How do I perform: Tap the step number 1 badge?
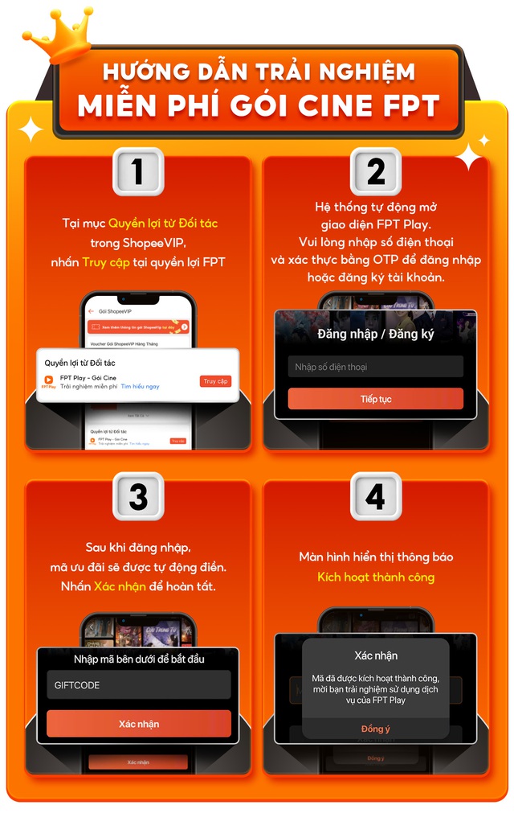tap(137, 171)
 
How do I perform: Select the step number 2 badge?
tap(376, 171)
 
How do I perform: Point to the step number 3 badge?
tap(137, 495)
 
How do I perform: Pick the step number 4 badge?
tap(376, 495)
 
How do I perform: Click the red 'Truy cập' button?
tap(215, 381)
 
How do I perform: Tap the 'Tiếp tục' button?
tap(376, 399)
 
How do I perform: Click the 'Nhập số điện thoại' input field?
tap(376, 367)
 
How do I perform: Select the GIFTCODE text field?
tap(138, 685)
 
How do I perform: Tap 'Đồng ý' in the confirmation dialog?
tap(376, 729)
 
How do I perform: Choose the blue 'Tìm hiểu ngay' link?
tap(140, 387)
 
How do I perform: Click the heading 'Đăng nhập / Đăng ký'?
tap(376, 334)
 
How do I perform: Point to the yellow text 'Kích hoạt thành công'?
tap(376, 577)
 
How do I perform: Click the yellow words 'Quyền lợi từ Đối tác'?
tap(163, 223)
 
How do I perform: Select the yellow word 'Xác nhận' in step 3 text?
tap(120, 586)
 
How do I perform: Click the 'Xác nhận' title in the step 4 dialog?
tap(376, 655)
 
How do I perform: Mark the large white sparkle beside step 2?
tap(469, 156)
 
